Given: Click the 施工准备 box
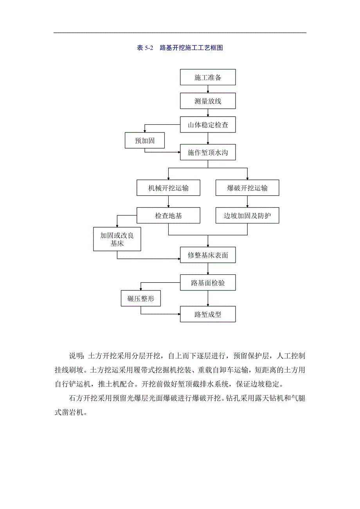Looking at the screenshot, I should [208, 77].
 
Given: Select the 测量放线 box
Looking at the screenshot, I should [208, 101].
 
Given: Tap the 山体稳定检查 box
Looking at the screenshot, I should [208, 125].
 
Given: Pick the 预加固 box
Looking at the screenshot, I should [145, 140].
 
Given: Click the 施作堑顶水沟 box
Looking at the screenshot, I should [208, 152].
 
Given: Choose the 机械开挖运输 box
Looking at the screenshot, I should [168, 188].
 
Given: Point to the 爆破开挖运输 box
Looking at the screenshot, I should [247, 188].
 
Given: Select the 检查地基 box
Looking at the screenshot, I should [168, 215].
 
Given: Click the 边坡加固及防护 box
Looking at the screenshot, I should [247, 215].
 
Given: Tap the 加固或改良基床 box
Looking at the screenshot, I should [117, 239].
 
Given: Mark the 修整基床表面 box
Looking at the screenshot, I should [208, 255].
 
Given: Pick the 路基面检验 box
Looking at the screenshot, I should [208, 283].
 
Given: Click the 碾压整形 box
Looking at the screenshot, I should [141, 299].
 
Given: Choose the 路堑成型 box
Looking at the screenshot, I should [208, 314].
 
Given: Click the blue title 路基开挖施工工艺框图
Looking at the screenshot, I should [191, 48].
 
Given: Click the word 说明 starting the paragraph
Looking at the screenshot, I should [76, 356].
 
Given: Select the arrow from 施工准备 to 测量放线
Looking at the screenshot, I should [208, 89].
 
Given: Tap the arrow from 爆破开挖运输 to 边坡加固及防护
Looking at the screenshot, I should [247, 202].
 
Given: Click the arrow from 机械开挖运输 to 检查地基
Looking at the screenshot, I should [168, 202].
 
